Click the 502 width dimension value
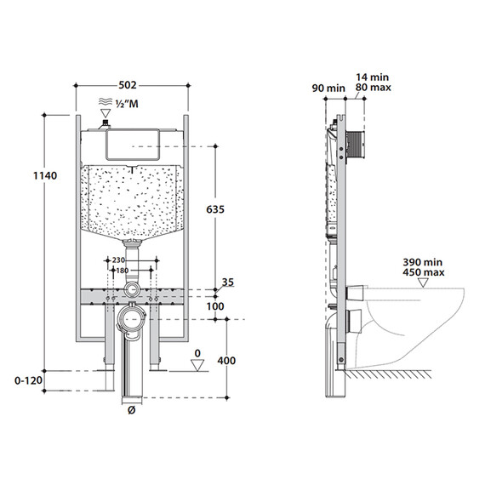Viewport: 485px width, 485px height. tap(128, 85)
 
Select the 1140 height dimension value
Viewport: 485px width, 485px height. tap(45, 175)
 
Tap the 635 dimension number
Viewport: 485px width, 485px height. tap(215, 209)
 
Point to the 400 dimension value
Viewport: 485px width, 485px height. tap(226, 361)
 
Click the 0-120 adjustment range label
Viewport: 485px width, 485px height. tap(28, 380)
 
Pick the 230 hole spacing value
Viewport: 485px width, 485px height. tap(118, 260)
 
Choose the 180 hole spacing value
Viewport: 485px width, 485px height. tap(123, 271)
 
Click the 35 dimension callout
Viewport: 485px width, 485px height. tap(228, 282)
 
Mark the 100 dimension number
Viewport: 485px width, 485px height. tap(215, 306)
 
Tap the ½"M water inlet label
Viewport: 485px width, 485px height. tap(127, 104)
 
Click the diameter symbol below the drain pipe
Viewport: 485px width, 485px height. tap(131, 410)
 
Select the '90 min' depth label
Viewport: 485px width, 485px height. tap(328, 88)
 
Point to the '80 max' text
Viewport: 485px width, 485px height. tap(374, 88)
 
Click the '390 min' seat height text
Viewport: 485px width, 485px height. tap(423, 262)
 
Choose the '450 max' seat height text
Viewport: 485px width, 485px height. tap(424, 272)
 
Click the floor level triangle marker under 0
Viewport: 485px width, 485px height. tap(197, 365)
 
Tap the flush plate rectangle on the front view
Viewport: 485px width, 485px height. tap(133, 145)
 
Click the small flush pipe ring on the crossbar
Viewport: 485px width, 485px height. tap(132, 289)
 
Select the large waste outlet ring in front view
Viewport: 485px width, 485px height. tap(132, 319)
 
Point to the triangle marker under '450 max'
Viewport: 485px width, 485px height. tap(423, 282)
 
